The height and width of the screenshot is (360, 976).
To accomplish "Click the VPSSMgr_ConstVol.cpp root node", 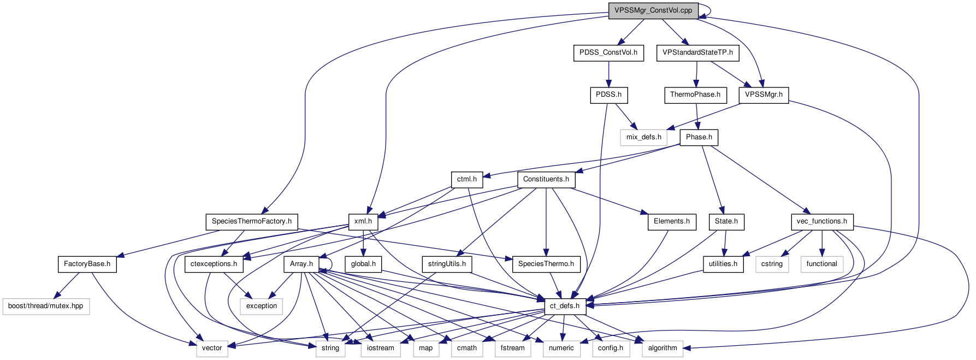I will click(653, 10).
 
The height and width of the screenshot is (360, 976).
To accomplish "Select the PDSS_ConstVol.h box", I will click(608, 53).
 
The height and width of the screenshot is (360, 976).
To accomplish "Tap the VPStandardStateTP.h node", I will click(697, 53).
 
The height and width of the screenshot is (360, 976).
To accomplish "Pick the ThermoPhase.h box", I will click(695, 95).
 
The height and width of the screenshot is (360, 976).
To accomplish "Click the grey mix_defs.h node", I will click(643, 137).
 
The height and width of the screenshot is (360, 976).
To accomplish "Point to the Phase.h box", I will click(699, 137).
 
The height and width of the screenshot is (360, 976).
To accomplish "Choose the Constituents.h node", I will click(546, 179).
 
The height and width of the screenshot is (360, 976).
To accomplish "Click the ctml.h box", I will click(466, 179).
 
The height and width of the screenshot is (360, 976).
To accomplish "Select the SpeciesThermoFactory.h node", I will click(251, 221).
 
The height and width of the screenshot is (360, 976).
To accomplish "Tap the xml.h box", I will click(363, 221).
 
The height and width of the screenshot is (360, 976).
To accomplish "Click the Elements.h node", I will click(671, 221).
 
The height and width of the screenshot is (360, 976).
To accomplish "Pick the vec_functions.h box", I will click(821, 221).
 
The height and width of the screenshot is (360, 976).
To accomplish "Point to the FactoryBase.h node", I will click(87, 264).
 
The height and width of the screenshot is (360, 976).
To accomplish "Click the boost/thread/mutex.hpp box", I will click(45, 306).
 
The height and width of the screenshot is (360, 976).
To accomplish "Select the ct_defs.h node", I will click(564, 306).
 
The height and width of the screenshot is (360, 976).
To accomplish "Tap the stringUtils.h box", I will click(447, 264).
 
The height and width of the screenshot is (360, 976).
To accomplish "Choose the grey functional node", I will click(821, 264).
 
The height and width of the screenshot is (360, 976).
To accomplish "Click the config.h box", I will click(610, 348).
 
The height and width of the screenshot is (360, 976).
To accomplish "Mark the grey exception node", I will click(261, 306).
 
